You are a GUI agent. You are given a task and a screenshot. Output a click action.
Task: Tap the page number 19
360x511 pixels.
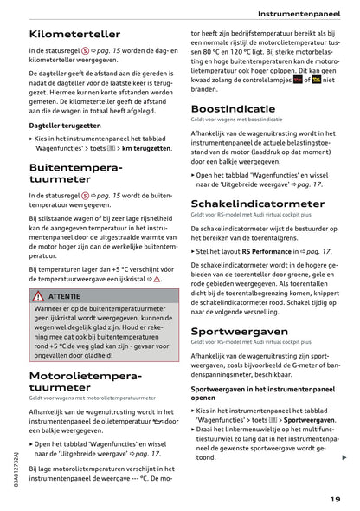tap(334, 498)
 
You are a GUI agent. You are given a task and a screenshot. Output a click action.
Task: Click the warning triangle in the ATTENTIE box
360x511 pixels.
tap(39, 296)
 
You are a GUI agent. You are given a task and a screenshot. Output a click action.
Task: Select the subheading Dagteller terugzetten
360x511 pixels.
tap(64, 126)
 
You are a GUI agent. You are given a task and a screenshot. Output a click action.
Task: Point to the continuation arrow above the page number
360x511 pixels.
tap(344, 457)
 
